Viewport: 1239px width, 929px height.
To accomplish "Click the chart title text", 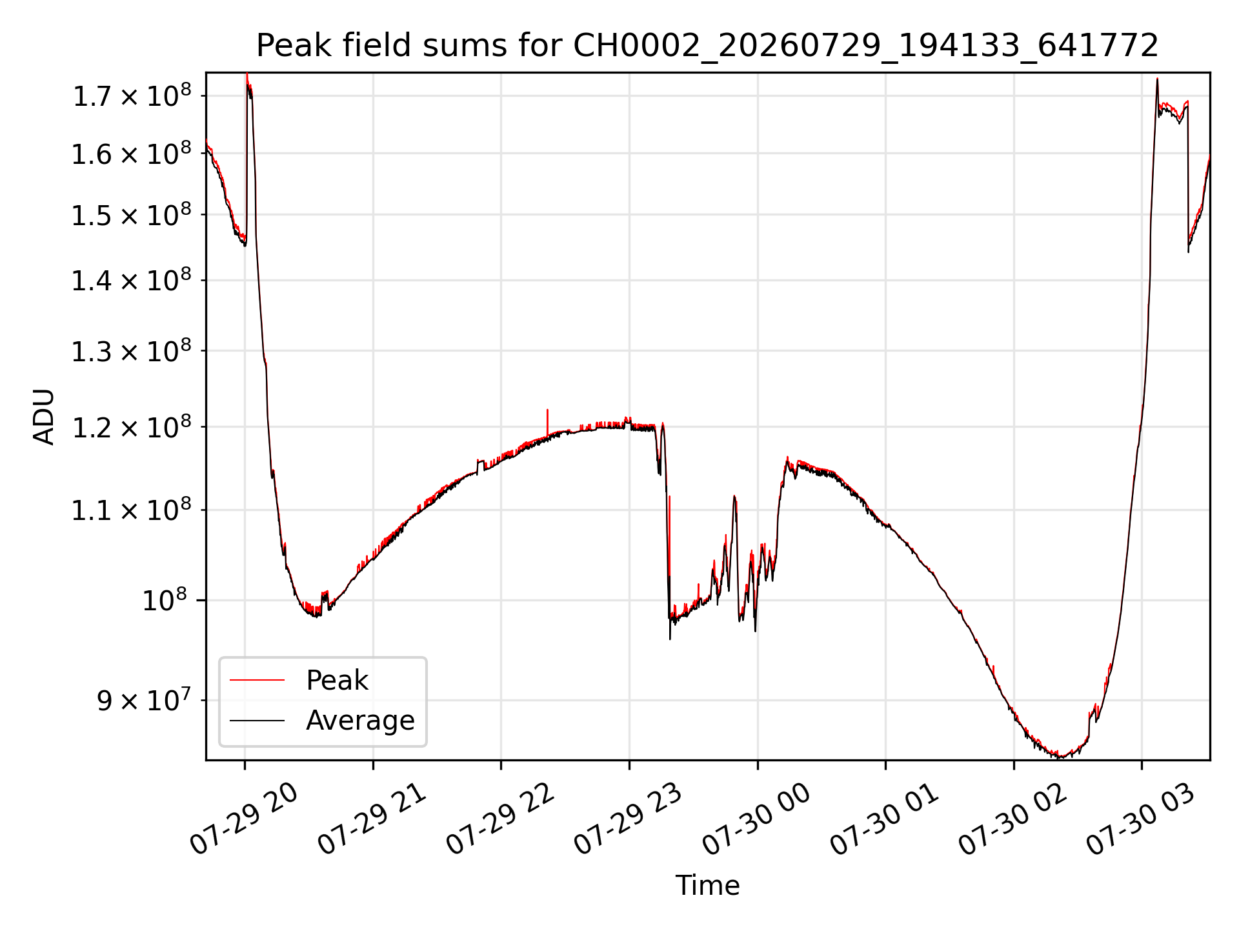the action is coord(707,46).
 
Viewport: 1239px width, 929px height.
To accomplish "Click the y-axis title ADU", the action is coord(44,417).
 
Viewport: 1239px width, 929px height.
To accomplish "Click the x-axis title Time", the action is coord(707,886).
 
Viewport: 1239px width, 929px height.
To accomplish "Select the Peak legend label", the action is coord(337,681).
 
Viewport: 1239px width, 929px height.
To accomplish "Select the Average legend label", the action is coord(360,720).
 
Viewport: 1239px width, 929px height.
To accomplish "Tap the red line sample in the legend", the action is coord(257,680).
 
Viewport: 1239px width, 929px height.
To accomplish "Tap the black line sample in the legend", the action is coord(257,720).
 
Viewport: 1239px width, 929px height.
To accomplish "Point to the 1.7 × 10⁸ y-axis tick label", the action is coord(132,96).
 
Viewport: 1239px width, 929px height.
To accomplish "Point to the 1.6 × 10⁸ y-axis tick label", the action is coord(132,154).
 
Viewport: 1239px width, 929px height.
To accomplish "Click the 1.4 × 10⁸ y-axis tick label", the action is coord(132,280).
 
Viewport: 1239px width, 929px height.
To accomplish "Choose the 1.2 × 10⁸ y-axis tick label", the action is coord(132,426).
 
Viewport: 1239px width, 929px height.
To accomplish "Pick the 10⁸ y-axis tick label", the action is coord(164,600).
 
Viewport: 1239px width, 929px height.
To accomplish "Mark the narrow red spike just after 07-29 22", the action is coord(547,423).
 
